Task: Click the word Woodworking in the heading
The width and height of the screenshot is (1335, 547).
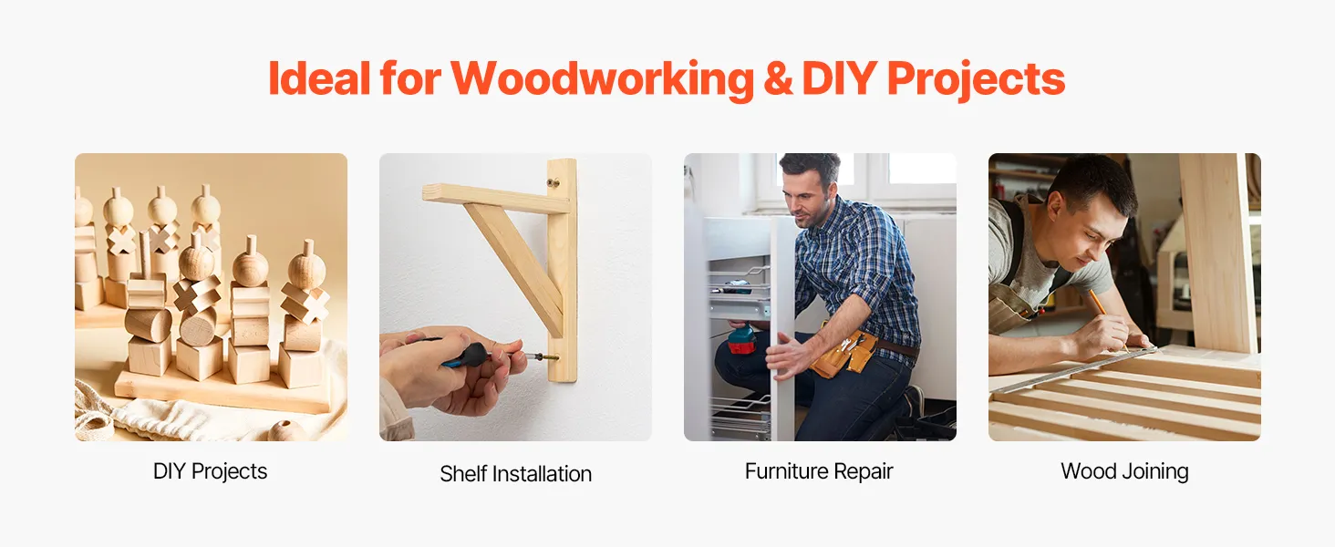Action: click(x=602, y=78)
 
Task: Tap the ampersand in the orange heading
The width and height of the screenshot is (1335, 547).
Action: click(x=778, y=78)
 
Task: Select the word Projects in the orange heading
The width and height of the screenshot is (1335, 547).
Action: click(x=977, y=79)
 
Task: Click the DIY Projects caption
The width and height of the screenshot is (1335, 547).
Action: click(x=211, y=471)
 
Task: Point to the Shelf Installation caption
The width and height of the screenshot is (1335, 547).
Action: click(x=515, y=474)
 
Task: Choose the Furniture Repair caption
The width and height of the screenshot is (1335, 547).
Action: click(x=819, y=471)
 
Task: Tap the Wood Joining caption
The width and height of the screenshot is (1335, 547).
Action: click(x=1124, y=471)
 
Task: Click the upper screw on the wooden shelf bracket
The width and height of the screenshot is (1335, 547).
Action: click(x=554, y=182)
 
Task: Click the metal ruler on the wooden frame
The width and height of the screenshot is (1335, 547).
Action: click(x=1072, y=370)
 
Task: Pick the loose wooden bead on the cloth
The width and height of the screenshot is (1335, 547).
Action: click(x=285, y=431)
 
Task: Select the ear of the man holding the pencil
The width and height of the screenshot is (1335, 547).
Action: click(x=1054, y=204)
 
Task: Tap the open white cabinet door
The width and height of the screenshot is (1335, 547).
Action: click(x=782, y=327)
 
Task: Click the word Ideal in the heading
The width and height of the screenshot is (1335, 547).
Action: click(x=319, y=78)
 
